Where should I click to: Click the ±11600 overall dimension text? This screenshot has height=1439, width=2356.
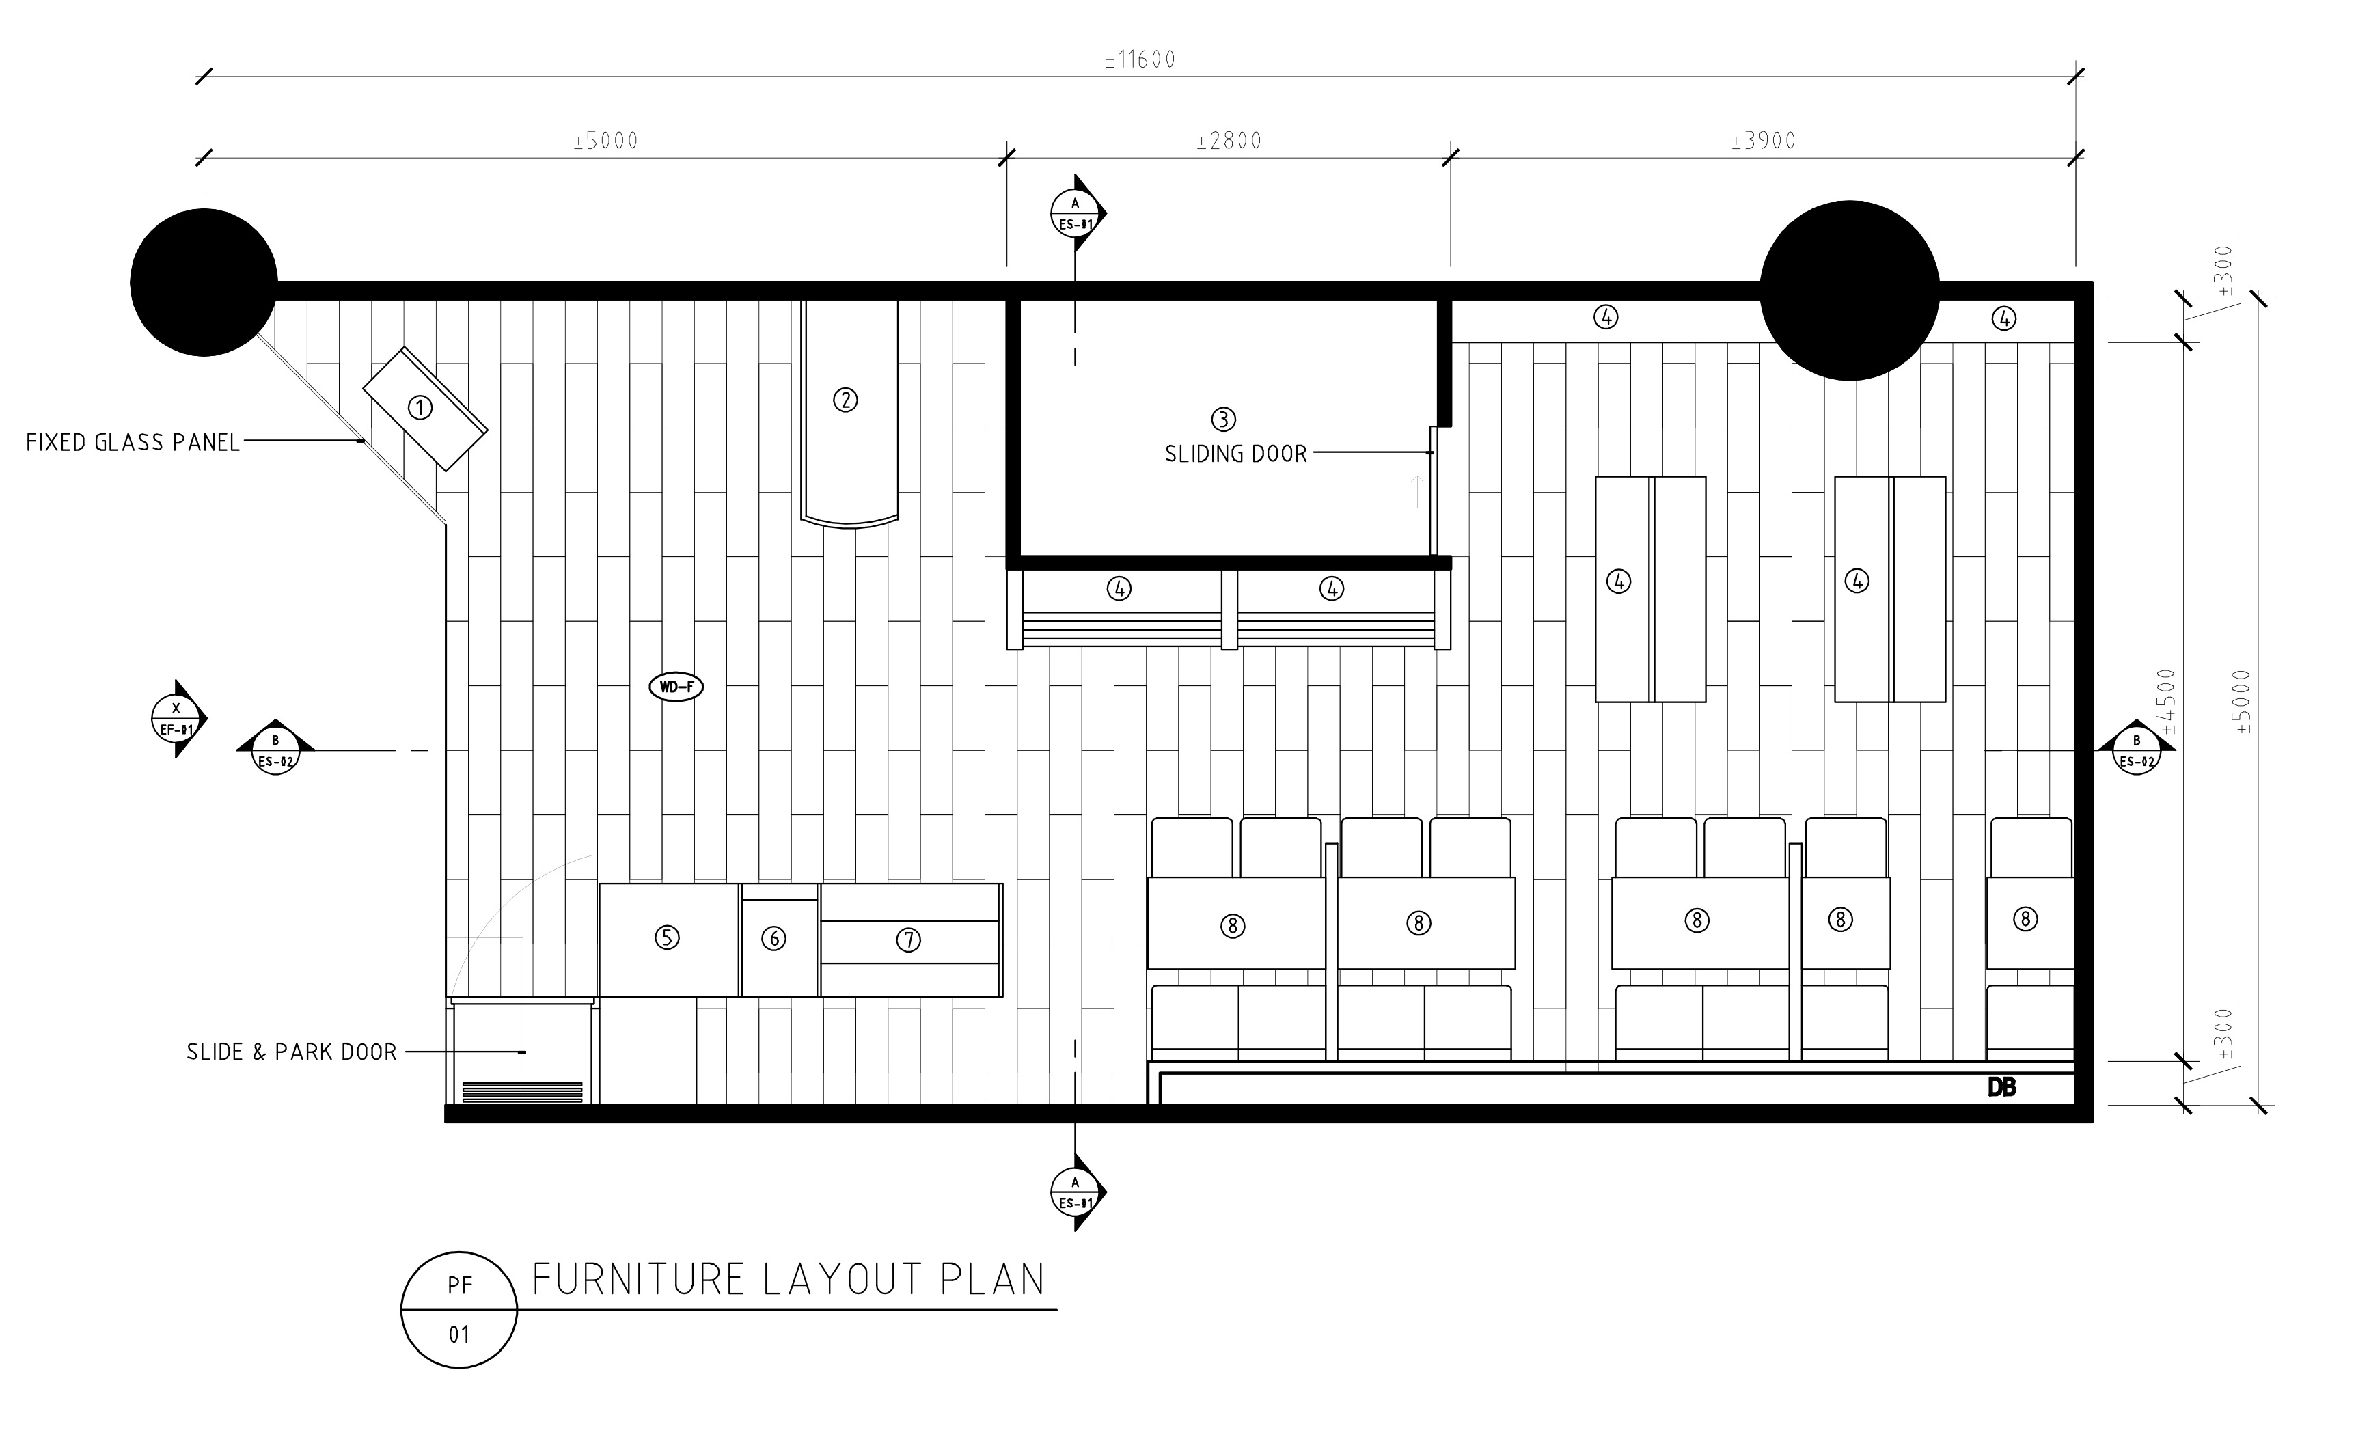coord(1140,60)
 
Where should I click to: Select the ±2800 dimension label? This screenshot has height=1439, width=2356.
coord(1229,141)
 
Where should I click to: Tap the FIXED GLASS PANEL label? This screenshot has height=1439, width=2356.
coord(133,443)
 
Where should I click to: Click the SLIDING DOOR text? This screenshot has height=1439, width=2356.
coord(1235,454)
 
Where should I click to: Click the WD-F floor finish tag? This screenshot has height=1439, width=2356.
coord(676,687)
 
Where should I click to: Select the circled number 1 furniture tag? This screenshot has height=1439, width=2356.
coord(420,409)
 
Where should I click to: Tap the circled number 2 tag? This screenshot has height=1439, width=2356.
coord(845,400)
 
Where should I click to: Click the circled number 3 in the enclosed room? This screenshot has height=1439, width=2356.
coord(1223,419)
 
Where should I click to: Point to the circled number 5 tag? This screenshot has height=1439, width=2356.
coord(668,938)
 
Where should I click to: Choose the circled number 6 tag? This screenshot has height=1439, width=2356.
coord(773,939)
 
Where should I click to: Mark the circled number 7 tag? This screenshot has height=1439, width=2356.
coord(908,941)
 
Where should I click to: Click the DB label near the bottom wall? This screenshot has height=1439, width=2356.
coord(2001,1087)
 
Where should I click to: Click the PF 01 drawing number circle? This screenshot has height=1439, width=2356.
coord(459,1309)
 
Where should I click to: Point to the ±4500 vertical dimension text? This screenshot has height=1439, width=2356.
coord(2167,702)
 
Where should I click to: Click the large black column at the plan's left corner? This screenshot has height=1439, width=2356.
coord(204,283)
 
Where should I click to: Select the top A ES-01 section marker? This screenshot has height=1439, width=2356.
coord(1078,213)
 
